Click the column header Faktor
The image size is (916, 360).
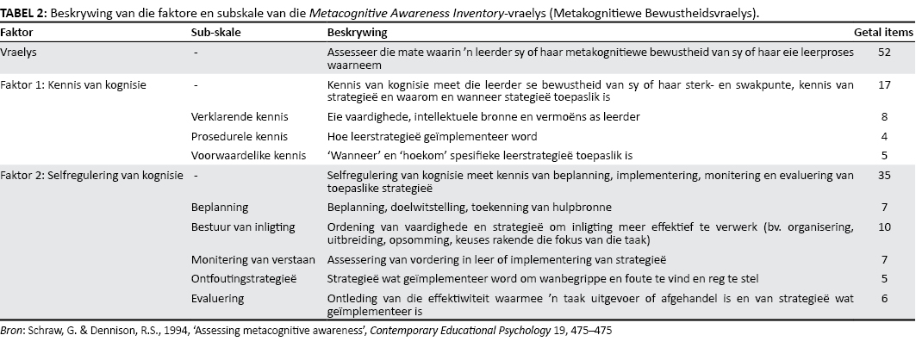pos(19,32)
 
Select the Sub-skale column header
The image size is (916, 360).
pos(215,32)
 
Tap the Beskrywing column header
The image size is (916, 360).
pos(357,32)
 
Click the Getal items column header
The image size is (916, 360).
pos(882,32)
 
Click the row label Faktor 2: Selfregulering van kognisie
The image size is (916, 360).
pos(92,176)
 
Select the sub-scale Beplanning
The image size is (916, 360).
pos(219,208)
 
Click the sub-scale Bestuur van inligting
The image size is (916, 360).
pos(243,227)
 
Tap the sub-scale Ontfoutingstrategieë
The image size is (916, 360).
pos(243,279)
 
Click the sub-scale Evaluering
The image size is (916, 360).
pos(217,298)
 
